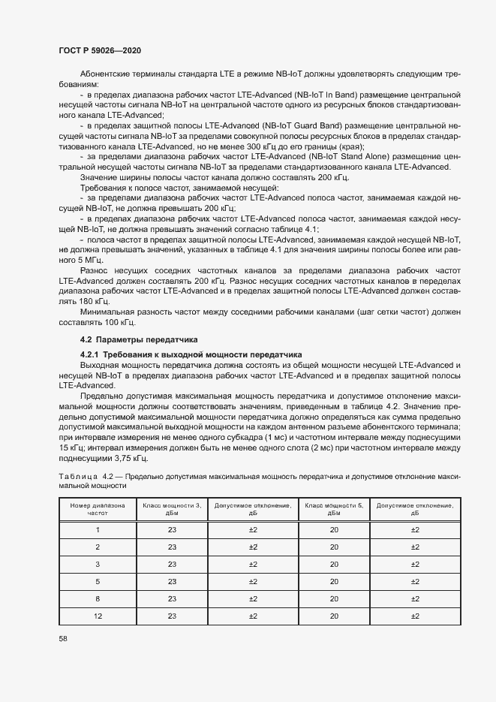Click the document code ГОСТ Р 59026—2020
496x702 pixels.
point(99,50)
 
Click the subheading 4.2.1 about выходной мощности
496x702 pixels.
point(191,354)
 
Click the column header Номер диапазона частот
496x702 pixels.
point(97,510)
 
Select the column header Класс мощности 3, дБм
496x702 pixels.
point(172,510)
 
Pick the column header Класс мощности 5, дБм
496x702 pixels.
point(333,510)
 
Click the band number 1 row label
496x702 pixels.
point(97,530)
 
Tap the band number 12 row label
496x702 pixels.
point(97,616)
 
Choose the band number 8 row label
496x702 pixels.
point(97,598)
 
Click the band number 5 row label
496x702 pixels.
point(97,581)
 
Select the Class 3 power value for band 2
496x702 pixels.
point(172,547)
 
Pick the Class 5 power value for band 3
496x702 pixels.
point(333,564)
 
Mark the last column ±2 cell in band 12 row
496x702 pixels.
point(415,616)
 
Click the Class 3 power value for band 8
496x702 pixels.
point(172,598)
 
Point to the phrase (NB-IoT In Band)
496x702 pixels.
point(293,96)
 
